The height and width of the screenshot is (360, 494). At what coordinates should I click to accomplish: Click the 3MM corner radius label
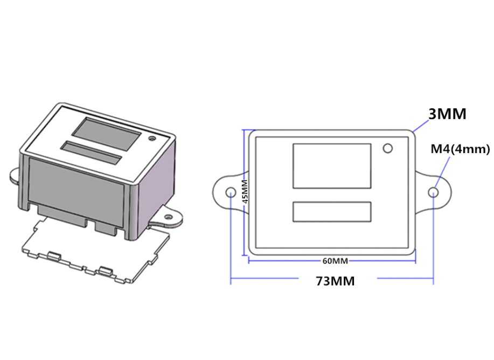pos(447,114)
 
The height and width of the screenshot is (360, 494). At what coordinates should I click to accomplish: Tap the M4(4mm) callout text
pos(460,149)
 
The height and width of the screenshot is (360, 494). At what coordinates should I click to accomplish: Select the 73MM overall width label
pos(336,281)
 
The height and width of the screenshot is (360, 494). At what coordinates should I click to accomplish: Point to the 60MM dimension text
pos(335,261)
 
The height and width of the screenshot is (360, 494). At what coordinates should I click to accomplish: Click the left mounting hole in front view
pos(231,192)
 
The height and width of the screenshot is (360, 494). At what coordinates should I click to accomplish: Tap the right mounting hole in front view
pos(434,192)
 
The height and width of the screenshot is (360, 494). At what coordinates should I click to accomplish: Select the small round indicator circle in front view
pos(388,148)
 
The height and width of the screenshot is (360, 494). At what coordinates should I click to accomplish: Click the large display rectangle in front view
pos(332,165)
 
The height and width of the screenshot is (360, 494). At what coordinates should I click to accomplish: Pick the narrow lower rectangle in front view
pos(332,212)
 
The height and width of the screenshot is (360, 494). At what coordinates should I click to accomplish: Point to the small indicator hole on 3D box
pos(153,139)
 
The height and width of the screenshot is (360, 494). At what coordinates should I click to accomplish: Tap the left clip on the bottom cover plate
pos(54,255)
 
